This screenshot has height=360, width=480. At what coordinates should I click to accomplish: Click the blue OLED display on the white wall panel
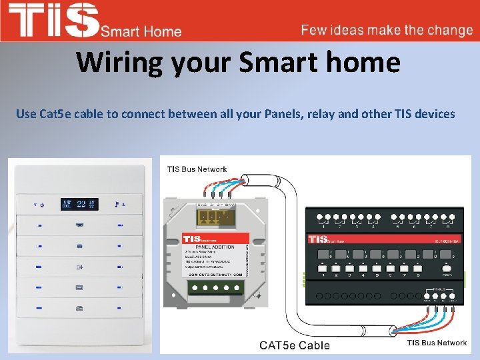tap(79, 204)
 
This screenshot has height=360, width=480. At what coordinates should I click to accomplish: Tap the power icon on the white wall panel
tap(40, 204)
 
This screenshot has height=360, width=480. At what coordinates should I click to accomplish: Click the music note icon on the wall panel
tap(118, 204)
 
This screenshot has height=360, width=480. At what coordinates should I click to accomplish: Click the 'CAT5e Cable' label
tap(295, 345)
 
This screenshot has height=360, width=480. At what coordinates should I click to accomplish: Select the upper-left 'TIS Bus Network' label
tap(197, 169)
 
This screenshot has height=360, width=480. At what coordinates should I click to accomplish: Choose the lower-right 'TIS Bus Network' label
tap(437, 343)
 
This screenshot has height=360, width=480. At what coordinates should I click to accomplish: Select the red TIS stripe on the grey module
tap(215, 238)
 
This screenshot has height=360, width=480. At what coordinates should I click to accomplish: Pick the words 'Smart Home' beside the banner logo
tap(141, 31)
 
